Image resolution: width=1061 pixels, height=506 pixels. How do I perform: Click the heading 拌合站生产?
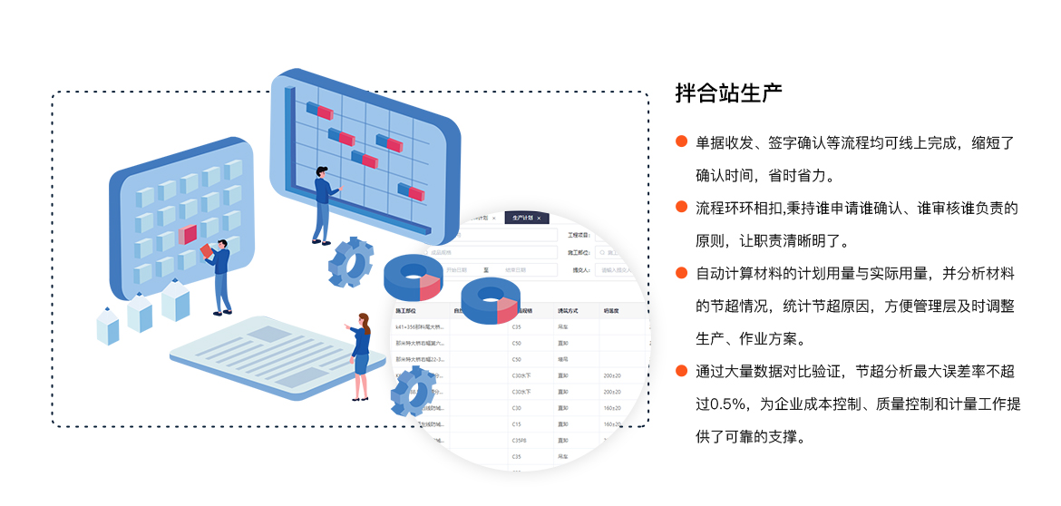pyautogui.click(x=728, y=93)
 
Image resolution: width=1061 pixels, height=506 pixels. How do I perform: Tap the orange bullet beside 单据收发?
pyautogui.click(x=681, y=141)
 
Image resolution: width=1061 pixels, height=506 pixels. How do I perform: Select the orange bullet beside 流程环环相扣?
pyautogui.click(x=681, y=208)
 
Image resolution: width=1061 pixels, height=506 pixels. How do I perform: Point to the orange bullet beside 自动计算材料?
pyautogui.click(x=681, y=273)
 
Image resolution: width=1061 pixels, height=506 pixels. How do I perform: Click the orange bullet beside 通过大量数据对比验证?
pyautogui.click(x=681, y=370)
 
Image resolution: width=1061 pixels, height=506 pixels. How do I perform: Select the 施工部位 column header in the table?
pyautogui.click(x=405, y=310)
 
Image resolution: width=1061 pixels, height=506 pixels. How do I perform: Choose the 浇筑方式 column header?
pyautogui.click(x=569, y=310)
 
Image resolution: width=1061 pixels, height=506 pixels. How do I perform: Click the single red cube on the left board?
pyautogui.click(x=188, y=235)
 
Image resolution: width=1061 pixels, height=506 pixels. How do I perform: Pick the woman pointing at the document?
pyautogui.click(x=360, y=354)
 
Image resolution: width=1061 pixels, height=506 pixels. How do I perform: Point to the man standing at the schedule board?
pyautogui.click(x=322, y=204)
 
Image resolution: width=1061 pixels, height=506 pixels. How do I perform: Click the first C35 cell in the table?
pyautogui.click(x=517, y=326)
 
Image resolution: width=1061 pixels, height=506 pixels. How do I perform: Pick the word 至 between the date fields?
pyautogui.click(x=487, y=269)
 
